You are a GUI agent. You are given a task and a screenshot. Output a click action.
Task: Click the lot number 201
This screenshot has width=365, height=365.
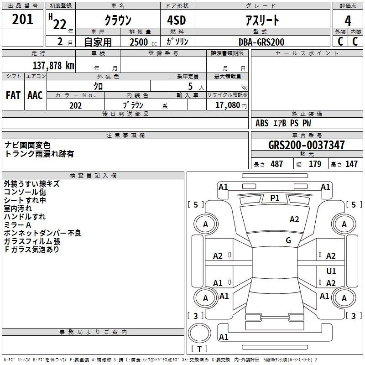pyautogui.click(x=23, y=20)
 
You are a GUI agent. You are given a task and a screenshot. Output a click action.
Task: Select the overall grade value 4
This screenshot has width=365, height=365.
pyautogui.click(x=348, y=21)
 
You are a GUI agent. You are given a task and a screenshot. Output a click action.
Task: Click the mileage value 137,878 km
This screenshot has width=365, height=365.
pyautogui.click(x=53, y=65)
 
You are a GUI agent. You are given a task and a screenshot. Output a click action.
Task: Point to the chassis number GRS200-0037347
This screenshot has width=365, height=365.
pyautogui.click(x=307, y=145)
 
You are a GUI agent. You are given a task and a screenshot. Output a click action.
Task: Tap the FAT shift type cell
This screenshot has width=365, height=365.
pyautogui.click(x=13, y=95)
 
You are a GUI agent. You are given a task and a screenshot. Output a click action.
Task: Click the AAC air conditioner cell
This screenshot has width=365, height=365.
pyautogui.click(x=35, y=95)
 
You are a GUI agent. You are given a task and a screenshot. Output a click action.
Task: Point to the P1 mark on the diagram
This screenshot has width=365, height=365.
pyautogui.click(x=275, y=198)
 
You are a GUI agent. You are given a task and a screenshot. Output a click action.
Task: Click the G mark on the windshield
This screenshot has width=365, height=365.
pyautogui.click(x=288, y=240)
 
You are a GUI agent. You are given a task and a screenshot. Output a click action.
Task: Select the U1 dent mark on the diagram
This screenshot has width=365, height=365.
pyautogui.click(x=331, y=271)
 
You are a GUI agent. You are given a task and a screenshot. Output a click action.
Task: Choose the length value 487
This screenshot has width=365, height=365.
pyautogui.click(x=276, y=164)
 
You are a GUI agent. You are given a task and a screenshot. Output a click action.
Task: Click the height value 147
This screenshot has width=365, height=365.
pyautogui.click(x=351, y=164)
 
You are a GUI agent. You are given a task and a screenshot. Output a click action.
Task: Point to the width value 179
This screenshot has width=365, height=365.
pyautogui.click(x=315, y=164)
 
